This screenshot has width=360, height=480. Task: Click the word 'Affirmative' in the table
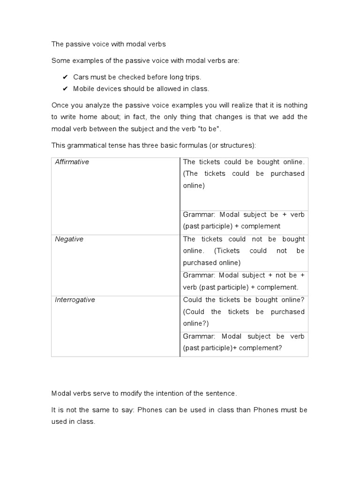tap(72, 162)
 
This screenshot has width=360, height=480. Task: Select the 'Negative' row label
tap(69, 239)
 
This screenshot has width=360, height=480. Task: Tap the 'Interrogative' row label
tap(75, 300)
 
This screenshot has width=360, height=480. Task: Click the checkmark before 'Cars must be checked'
tap(65, 77)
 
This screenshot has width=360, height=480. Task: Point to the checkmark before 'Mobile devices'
tap(65, 89)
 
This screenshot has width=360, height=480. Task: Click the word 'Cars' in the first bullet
tap(81, 77)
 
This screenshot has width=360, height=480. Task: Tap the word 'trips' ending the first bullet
tap(192, 77)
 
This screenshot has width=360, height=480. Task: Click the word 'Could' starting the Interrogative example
tap(192, 300)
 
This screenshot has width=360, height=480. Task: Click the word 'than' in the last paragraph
tap(243, 410)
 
